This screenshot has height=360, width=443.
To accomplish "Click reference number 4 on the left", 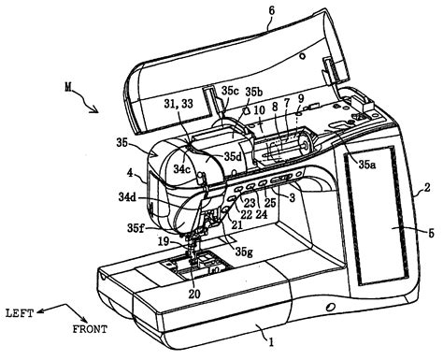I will click(133, 173).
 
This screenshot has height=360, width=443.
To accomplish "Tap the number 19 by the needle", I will click(164, 240).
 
